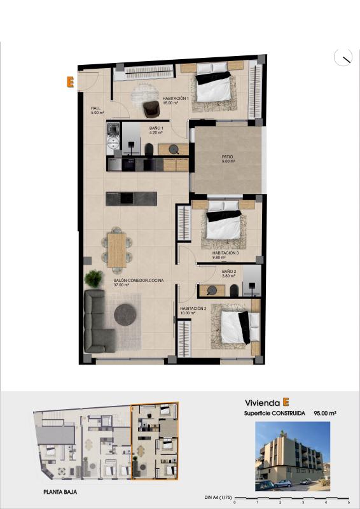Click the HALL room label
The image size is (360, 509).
pyautogui.click(x=96, y=108)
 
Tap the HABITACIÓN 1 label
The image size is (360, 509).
pyautogui.click(x=176, y=99)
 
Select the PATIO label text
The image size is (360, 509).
pyautogui.click(x=228, y=157)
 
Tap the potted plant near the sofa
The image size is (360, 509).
pyautogui.click(x=94, y=278)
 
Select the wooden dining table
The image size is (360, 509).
pyautogui.click(x=117, y=249)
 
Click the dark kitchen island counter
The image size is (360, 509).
pyautogui.click(x=132, y=199)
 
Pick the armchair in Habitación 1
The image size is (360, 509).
pyautogui.click(x=151, y=109)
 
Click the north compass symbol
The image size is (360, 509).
pyautogui.click(x=343, y=57)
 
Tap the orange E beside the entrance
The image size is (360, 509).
pyautogui.click(x=70, y=81)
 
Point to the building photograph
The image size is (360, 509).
pyautogui.click(x=293, y=456)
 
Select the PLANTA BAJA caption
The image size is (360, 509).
pyautogui.click(x=61, y=492)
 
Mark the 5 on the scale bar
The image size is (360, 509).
pyautogui.click(x=349, y=503)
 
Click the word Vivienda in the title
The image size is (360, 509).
pyautogui.click(x=262, y=403)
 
